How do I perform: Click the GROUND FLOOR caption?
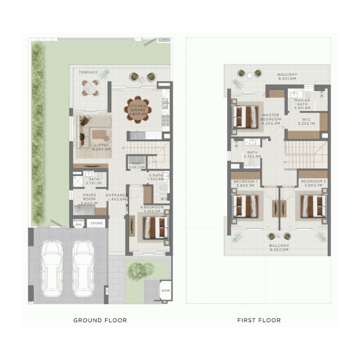tap(100, 320)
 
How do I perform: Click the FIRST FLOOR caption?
tap(259, 320)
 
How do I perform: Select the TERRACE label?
tap(88, 72)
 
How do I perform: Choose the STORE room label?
tap(96, 223)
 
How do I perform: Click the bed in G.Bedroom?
tap(155, 227)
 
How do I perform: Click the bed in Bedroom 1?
tap(245, 205)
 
